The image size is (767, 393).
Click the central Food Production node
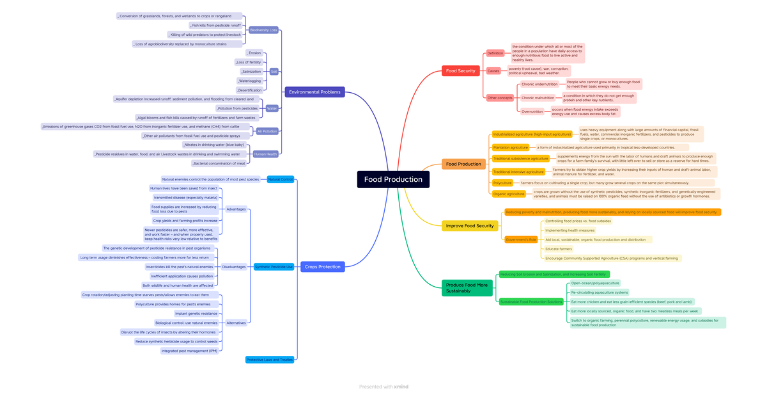[x=393, y=179]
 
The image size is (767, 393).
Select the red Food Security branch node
[x=460, y=70]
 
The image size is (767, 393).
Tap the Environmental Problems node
[x=314, y=92]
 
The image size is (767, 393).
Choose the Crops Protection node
[x=322, y=266]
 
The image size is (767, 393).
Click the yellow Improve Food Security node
[x=469, y=225]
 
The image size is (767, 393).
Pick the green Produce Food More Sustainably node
[x=467, y=287]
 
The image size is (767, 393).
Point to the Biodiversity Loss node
[x=263, y=30]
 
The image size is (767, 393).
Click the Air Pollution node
[x=267, y=131]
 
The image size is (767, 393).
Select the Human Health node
[x=265, y=154]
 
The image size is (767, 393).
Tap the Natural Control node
[x=280, y=179]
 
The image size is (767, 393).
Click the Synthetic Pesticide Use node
[x=274, y=266]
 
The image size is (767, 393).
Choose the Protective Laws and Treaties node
[x=270, y=360]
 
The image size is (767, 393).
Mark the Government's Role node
[x=521, y=239]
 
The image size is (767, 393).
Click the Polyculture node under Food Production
[x=502, y=183]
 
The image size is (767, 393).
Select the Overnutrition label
[x=532, y=111]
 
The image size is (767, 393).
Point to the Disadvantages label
[x=233, y=266]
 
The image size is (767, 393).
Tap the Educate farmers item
[x=558, y=249]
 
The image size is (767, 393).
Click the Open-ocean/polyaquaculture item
[x=594, y=283]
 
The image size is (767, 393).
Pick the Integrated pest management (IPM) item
[x=190, y=351]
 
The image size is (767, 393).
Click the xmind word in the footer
[x=401, y=387]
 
